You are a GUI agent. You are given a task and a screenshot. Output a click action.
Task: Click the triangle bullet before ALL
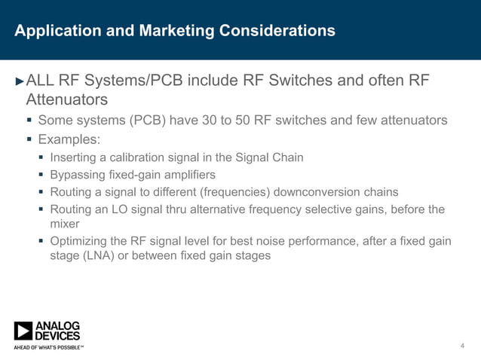point(20,81)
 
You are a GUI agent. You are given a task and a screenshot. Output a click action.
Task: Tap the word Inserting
point(73,157)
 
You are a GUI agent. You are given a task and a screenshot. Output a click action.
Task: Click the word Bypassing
point(77,175)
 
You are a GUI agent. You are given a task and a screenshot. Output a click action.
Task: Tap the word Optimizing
point(78,241)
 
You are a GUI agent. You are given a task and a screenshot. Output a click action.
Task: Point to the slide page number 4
point(461,345)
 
